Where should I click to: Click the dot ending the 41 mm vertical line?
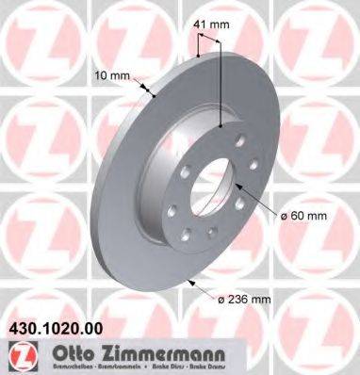(x=221, y=123)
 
